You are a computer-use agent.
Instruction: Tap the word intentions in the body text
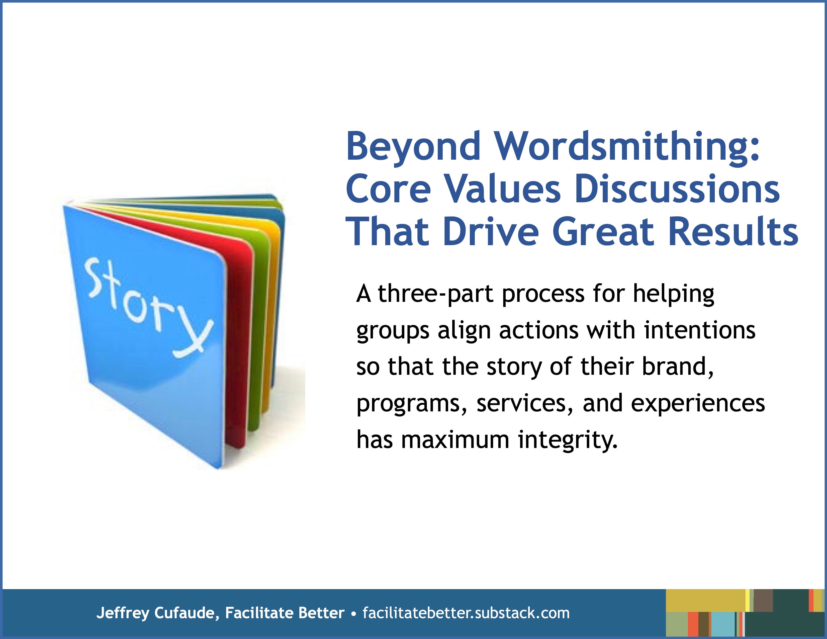click(x=700, y=330)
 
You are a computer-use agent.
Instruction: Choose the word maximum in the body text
click(x=455, y=440)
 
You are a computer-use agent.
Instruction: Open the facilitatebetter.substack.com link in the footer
click(x=466, y=613)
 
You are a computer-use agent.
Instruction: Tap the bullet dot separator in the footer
click(x=354, y=614)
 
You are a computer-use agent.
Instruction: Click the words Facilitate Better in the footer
click(x=285, y=613)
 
